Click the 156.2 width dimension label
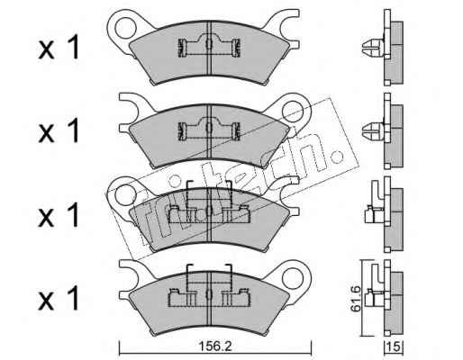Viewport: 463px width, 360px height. (x=215, y=346)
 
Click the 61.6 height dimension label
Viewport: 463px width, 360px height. (x=356, y=299)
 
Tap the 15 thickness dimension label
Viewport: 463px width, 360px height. (x=394, y=346)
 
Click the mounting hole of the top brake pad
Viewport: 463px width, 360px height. (x=125, y=27)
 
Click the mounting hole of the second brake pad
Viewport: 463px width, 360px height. (x=293, y=111)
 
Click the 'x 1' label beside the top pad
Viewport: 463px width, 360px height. (x=59, y=47)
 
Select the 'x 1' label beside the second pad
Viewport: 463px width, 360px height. (x=59, y=130)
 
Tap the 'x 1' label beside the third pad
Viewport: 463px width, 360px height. (x=59, y=214)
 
